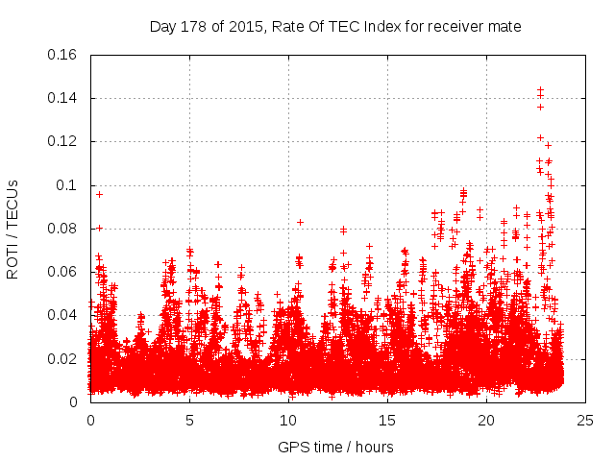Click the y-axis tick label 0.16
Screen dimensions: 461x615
[x=63, y=55]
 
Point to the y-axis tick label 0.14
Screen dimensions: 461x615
[x=63, y=98]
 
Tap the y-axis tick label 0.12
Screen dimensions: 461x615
[x=63, y=141]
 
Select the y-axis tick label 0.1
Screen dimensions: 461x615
[x=67, y=185]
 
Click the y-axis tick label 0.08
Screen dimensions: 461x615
[x=63, y=229]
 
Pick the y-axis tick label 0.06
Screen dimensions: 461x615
[x=63, y=272]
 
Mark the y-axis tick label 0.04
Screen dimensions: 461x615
[x=63, y=315]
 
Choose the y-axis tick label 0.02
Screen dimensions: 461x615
[x=63, y=359]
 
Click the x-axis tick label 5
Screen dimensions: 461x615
[x=189, y=420]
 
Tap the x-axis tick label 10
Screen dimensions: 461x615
[x=288, y=420]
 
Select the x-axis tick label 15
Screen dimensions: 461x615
[x=387, y=420]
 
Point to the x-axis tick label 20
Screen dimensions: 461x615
[x=486, y=420]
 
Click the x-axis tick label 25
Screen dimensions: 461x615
[x=585, y=420]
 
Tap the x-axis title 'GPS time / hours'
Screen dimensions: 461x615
[x=335, y=447]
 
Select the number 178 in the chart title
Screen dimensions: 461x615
[x=198, y=27]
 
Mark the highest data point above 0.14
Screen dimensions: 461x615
[x=540, y=89]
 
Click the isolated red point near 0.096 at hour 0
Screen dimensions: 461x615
[x=99, y=194]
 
